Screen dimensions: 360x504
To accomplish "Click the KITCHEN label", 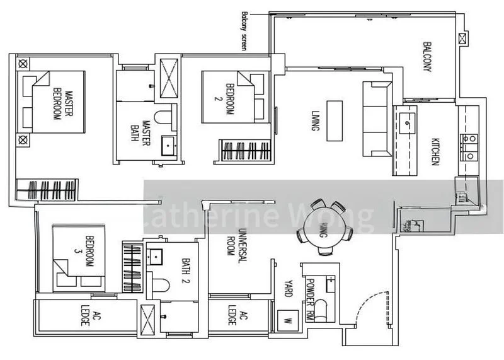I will click(435, 151).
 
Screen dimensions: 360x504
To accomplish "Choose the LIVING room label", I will click(313, 120).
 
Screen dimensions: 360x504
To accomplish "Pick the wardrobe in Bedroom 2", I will click(245, 151).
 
